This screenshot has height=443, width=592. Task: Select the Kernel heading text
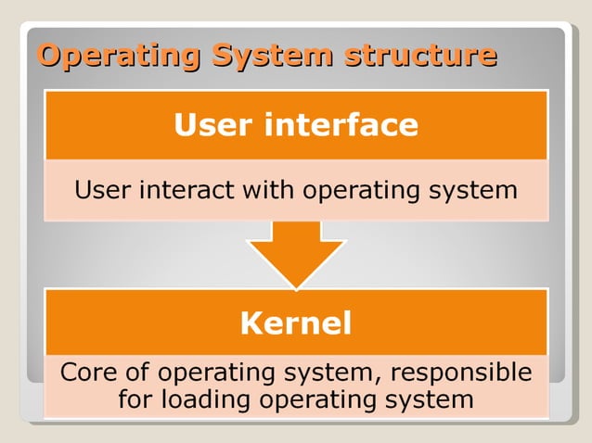(295, 323)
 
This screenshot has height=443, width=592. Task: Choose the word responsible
(461, 373)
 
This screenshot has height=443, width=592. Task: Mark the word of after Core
(136, 373)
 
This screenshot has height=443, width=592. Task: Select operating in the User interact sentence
(357, 192)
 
